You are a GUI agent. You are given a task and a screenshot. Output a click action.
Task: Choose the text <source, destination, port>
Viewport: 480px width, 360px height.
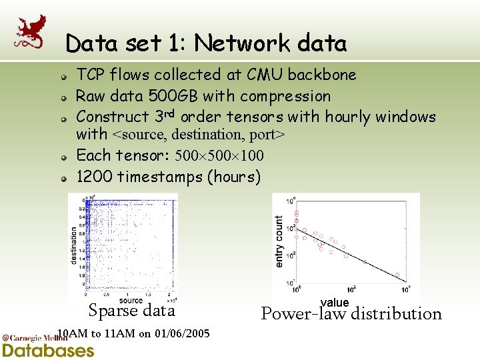(x=199, y=135)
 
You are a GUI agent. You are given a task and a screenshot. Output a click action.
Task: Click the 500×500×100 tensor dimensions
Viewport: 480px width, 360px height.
(x=219, y=156)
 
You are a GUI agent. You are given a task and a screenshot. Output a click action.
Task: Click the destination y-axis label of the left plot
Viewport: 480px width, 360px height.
(x=73, y=245)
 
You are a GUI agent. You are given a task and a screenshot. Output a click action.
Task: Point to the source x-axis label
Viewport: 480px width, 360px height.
(x=131, y=301)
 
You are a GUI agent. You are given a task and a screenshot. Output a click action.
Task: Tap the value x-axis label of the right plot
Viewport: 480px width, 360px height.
(x=335, y=303)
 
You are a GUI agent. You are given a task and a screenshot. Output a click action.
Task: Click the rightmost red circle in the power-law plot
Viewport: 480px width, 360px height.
(x=398, y=275)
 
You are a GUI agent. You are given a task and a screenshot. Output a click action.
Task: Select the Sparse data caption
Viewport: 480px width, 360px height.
(x=131, y=311)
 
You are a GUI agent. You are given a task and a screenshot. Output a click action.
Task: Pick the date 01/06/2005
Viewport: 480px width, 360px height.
(x=181, y=333)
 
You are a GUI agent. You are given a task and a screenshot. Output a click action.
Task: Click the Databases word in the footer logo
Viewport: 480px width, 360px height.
(x=49, y=350)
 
